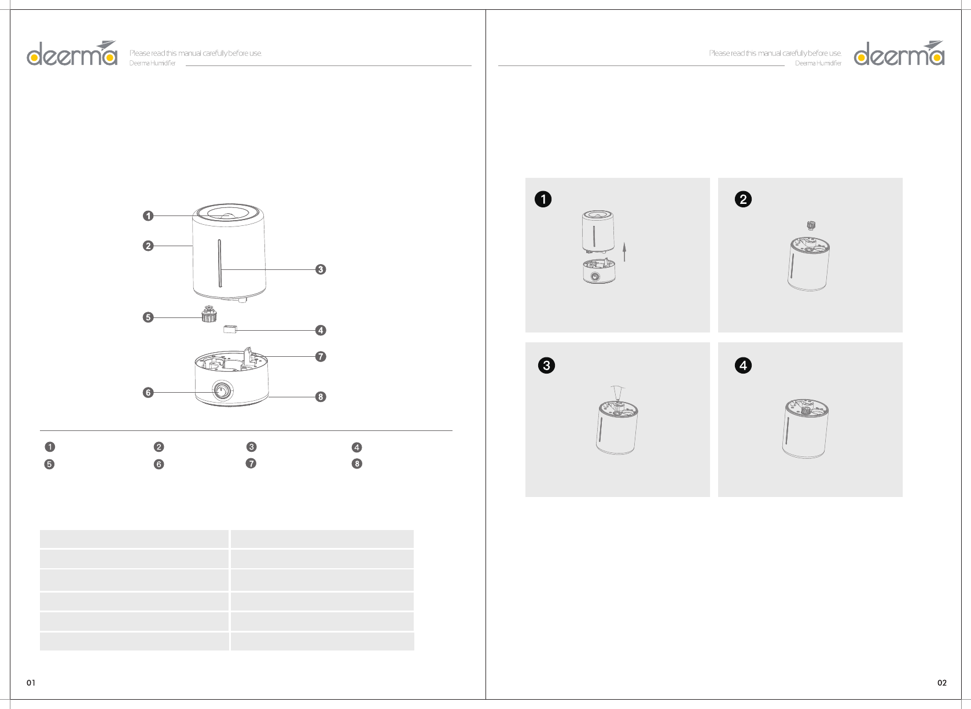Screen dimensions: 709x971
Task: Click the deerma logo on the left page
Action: pos(72,53)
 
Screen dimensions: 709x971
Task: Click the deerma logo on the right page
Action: pos(899,53)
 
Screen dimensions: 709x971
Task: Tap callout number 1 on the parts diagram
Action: pos(148,216)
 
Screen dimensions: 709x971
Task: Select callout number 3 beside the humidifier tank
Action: pos(320,269)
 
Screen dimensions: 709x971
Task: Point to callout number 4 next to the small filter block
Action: pos(320,331)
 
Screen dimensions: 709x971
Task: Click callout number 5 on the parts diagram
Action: pos(148,317)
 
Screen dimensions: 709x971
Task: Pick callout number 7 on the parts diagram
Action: pos(320,356)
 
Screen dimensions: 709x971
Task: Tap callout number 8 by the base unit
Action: pos(320,397)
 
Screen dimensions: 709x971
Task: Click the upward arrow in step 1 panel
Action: pos(624,253)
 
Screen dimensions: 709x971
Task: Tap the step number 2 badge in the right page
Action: pos(743,200)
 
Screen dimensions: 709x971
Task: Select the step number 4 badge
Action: pos(743,366)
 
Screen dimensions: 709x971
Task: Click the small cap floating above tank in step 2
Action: pos(811,225)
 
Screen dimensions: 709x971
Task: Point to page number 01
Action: pos(31,683)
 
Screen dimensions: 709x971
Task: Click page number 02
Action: pos(942,683)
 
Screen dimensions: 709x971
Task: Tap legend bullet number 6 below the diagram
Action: pos(159,465)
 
